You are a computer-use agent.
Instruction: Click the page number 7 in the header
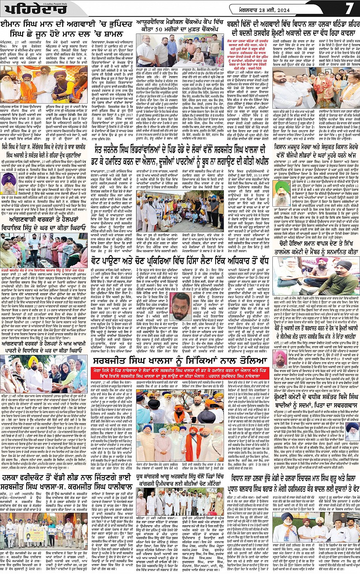(x=349, y=8)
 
